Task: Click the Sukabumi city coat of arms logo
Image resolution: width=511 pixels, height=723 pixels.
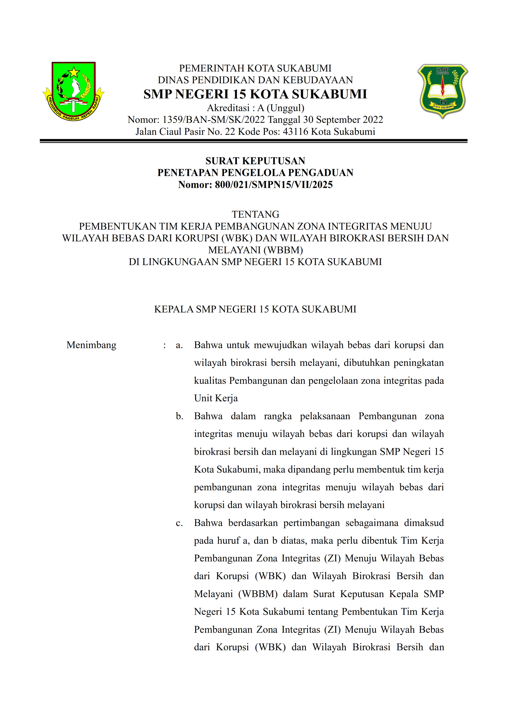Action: click(73, 91)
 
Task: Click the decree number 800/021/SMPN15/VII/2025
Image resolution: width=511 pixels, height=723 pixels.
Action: click(274, 184)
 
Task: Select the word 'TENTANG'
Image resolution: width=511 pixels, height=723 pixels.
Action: click(255, 214)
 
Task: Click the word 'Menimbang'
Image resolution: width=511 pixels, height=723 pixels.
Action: click(91, 345)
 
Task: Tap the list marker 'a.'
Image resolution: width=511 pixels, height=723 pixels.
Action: click(179, 345)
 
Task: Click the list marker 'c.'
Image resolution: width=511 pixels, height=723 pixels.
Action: click(179, 523)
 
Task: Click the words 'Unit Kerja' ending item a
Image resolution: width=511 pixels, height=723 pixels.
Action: click(216, 398)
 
